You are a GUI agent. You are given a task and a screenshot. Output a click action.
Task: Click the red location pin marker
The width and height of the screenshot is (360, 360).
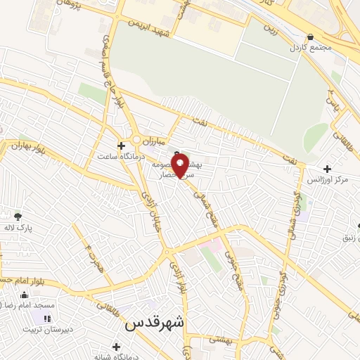[180, 166]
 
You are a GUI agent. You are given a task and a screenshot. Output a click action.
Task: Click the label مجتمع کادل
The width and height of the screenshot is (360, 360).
[309, 47]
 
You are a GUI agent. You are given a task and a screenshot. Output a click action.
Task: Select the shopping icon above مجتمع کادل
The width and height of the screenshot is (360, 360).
[310, 37]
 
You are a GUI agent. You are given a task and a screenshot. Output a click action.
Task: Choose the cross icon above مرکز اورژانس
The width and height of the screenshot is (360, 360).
[327, 169]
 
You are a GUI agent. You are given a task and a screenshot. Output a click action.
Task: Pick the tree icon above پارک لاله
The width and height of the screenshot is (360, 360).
[17, 216]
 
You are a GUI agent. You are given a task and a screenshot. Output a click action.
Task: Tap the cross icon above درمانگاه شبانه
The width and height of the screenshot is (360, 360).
[116, 347]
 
